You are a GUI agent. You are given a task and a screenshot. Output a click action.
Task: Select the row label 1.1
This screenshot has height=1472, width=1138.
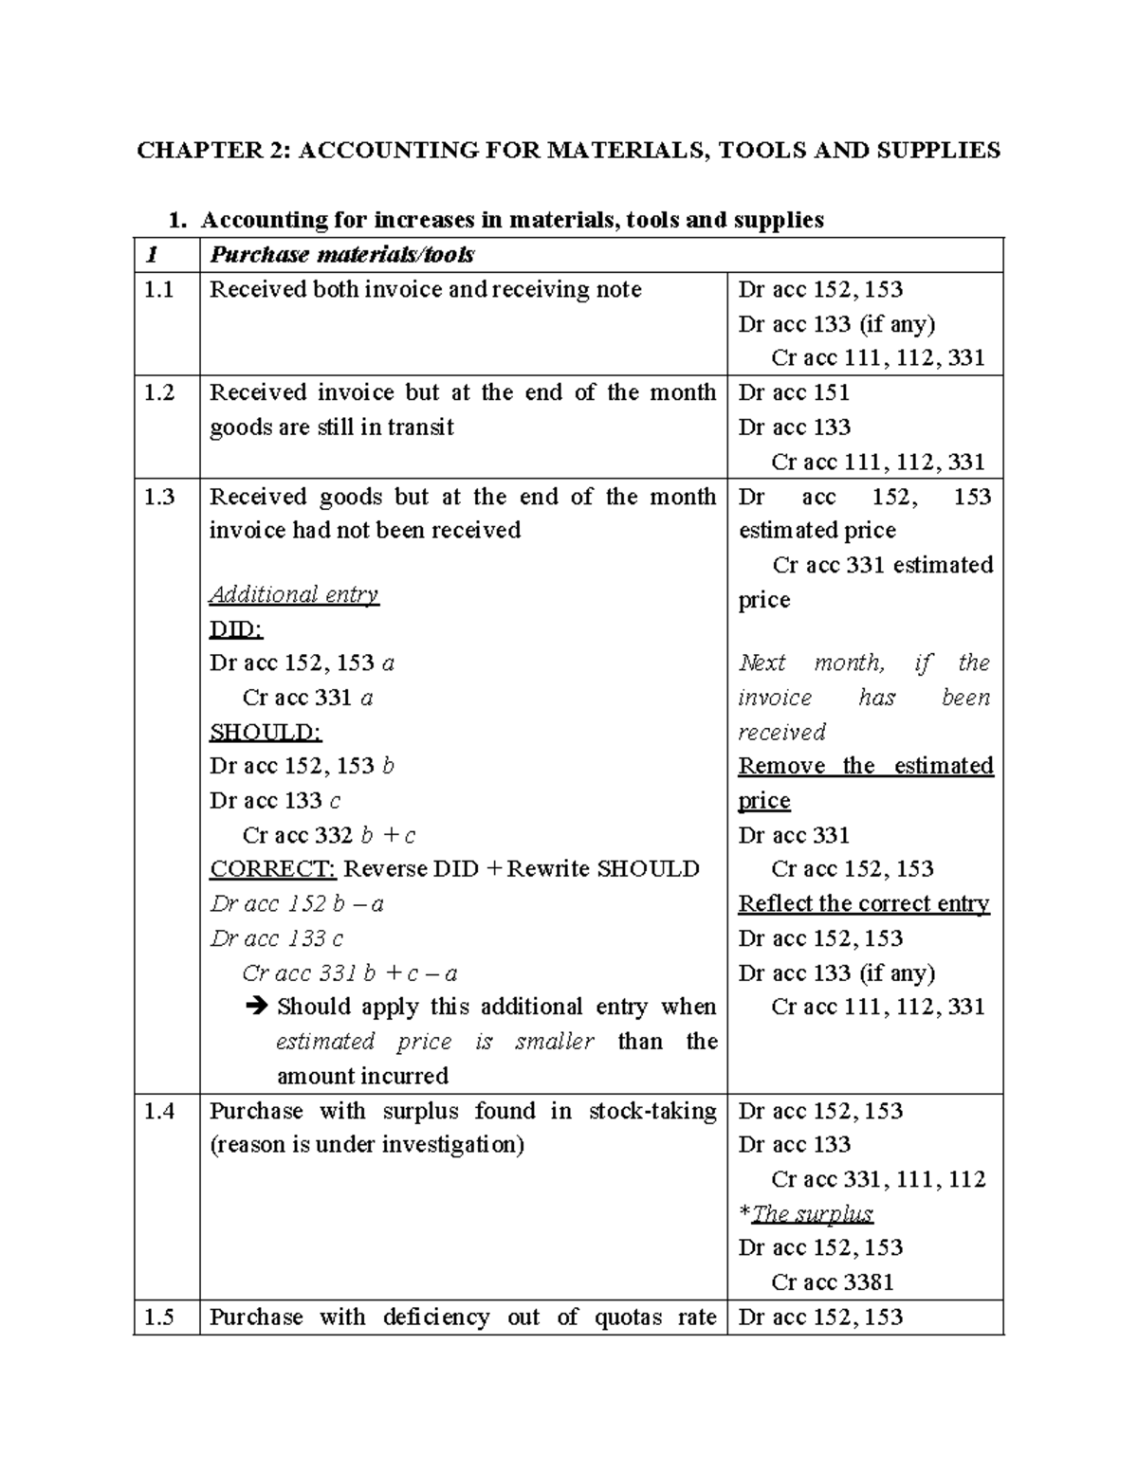coord(159,290)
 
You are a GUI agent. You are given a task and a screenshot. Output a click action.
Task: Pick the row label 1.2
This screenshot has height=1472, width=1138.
coord(159,392)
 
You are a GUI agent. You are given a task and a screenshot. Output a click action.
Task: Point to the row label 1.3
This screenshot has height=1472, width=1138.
coord(159,497)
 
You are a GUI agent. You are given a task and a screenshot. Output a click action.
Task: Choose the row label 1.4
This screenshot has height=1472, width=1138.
coord(159,1111)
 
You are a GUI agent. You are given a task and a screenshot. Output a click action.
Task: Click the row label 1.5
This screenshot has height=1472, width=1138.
coord(159,1318)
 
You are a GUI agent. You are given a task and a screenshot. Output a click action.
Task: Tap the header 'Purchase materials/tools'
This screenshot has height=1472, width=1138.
coord(341,255)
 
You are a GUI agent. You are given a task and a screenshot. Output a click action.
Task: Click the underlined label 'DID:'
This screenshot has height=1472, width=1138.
coord(235,629)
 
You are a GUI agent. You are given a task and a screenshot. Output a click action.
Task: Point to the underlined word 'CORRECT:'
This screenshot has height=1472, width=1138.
coord(272,869)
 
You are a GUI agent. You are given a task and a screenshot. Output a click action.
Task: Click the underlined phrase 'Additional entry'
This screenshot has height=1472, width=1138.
coord(294,595)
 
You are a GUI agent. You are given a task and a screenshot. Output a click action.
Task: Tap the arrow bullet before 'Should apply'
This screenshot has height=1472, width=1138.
coord(256,1007)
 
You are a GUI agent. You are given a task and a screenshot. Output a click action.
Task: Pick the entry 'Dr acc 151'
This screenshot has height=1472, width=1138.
coord(794,392)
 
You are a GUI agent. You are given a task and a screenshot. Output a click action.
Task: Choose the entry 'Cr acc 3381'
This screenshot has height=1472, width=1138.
coord(833,1282)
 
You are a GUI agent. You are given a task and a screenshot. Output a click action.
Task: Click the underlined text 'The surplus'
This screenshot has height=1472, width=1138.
coord(812,1214)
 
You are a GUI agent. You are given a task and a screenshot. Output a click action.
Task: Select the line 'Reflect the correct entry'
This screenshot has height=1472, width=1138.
coord(864,904)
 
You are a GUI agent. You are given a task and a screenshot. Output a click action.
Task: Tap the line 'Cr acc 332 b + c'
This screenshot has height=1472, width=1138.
coord(329,835)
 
